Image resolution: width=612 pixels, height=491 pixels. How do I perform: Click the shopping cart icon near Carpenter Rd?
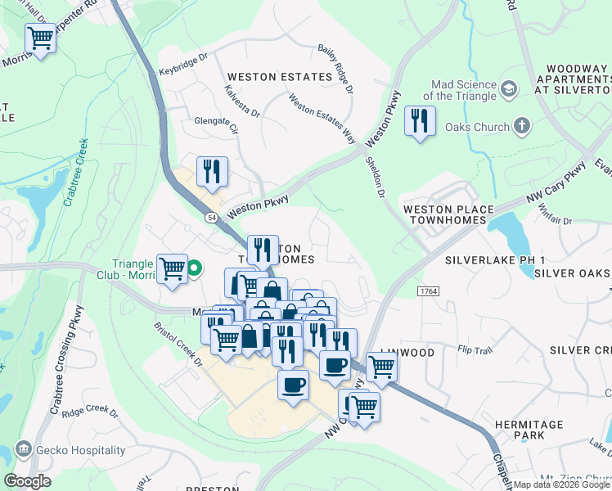[x=40, y=38]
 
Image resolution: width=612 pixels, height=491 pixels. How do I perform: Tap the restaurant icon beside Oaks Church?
[x=420, y=121]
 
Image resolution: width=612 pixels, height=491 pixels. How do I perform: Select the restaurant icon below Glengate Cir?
[x=212, y=171]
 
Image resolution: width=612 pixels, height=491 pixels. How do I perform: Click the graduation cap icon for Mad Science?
[x=508, y=88]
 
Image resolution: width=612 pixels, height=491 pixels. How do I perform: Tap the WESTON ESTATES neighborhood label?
[x=268, y=77]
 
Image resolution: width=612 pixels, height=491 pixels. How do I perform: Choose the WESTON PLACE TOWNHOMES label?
[x=448, y=215]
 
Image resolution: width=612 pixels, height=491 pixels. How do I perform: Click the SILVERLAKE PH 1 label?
[x=495, y=259]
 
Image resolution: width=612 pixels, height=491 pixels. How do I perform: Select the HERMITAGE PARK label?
[x=529, y=430]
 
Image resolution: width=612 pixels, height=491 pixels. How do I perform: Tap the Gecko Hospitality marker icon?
[x=23, y=449]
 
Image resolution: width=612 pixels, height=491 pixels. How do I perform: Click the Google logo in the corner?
[x=27, y=480]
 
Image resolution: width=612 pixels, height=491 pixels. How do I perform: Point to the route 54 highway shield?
[x=212, y=218]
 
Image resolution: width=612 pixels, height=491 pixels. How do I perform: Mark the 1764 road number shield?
[x=427, y=291]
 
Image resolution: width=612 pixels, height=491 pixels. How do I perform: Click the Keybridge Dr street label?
[x=184, y=65]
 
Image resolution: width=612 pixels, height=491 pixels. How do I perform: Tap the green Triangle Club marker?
[x=195, y=268]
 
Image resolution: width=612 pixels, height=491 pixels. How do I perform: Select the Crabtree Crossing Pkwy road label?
[x=67, y=360]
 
